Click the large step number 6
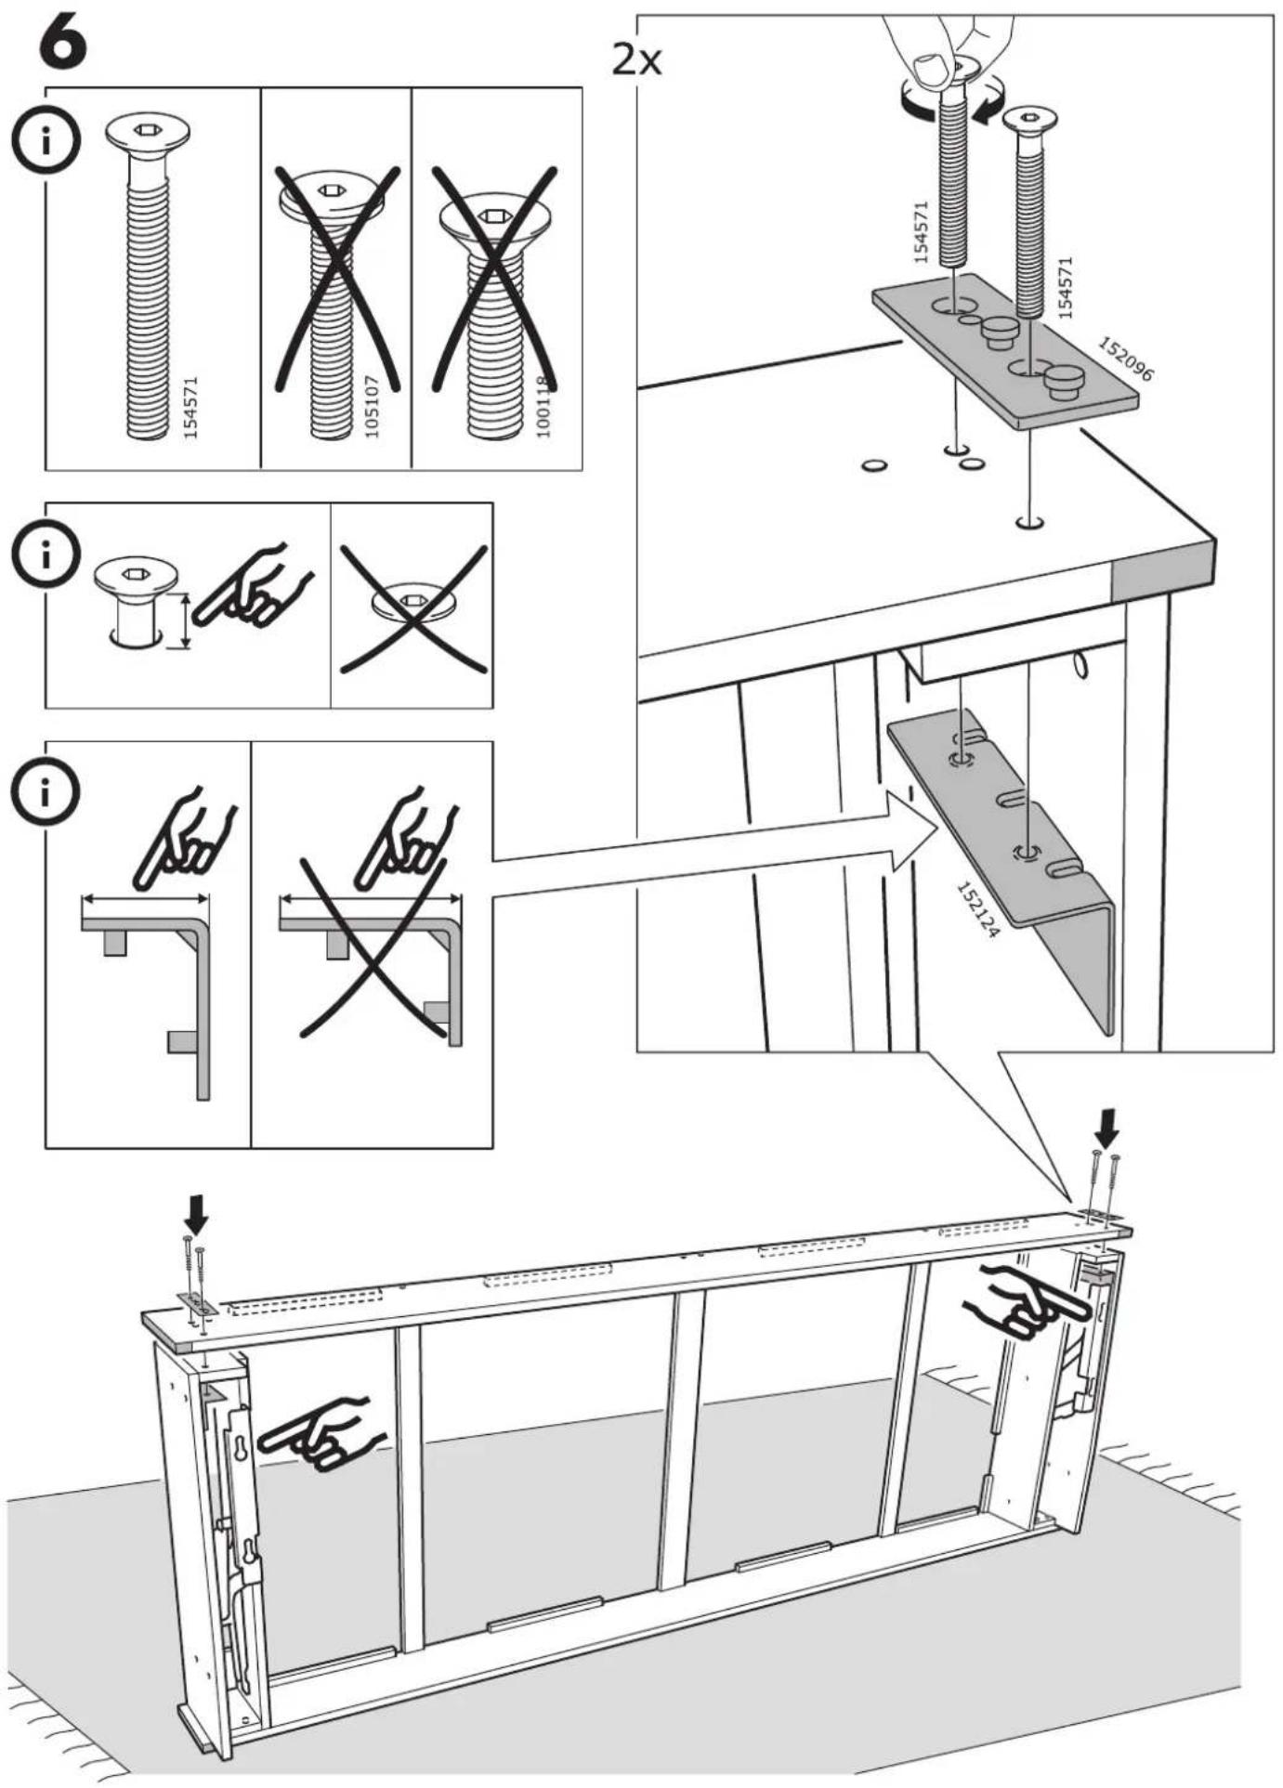pyautogui.click(x=63, y=43)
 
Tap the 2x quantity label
pyautogui.click(x=637, y=61)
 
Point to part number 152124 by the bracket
pyautogui.click(x=978, y=909)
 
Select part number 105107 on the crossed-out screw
pyautogui.click(x=373, y=406)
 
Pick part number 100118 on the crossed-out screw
pyautogui.click(x=543, y=406)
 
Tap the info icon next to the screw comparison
pyautogui.click(x=46, y=143)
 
